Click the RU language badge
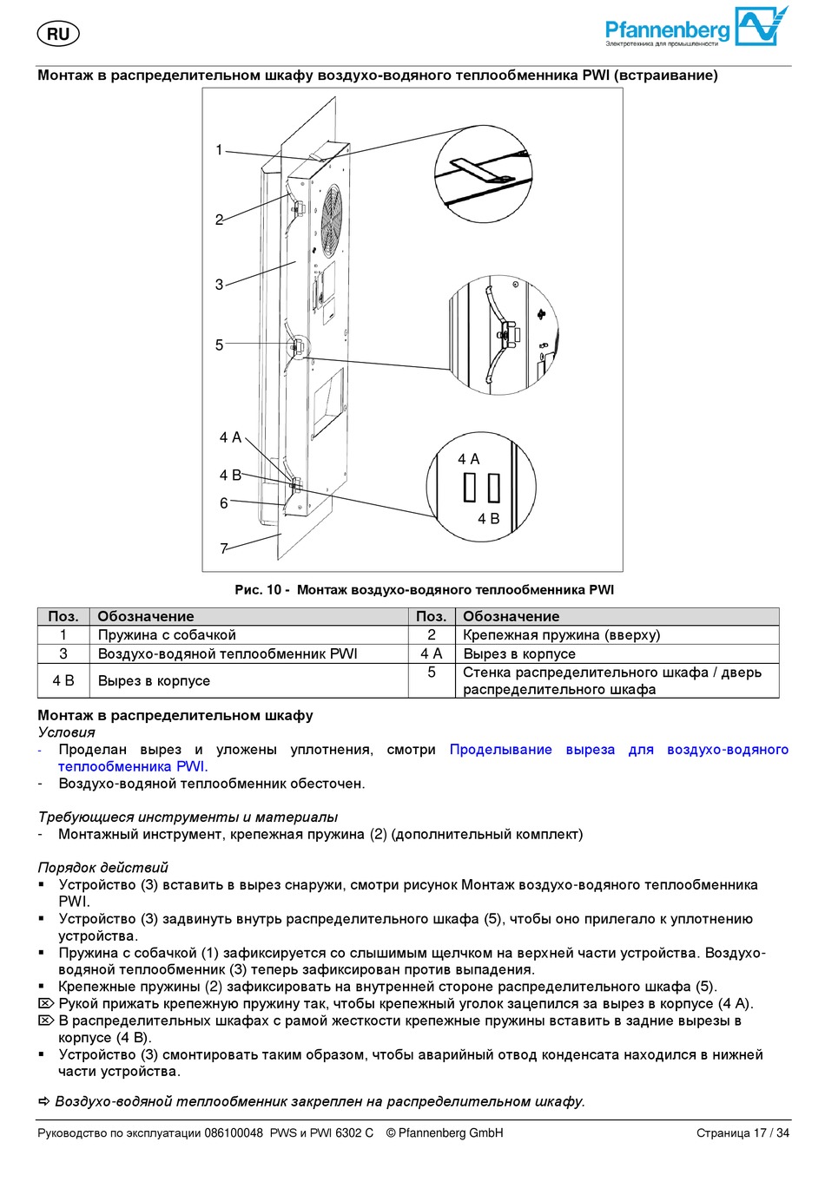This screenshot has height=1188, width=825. [58, 34]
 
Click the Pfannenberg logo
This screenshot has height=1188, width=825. [696, 28]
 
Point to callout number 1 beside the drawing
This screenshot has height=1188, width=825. [220, 150]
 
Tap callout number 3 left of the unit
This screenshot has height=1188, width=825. [220, 285]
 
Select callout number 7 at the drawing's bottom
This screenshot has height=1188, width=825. [224, 548]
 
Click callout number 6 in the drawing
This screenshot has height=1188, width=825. [224, 503]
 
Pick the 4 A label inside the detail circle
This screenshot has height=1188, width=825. [469, 459]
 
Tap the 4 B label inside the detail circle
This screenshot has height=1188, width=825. [489, 519]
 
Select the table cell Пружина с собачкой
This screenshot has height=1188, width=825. [167, 635]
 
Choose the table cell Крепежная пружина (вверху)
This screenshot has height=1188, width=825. [561, 635]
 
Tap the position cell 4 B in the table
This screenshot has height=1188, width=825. [63, 681]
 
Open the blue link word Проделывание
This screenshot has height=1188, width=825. [500, 750]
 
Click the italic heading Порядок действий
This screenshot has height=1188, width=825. [102, 868]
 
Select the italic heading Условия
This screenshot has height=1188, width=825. [66, 732]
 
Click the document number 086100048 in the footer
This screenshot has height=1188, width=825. [233, 1133]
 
